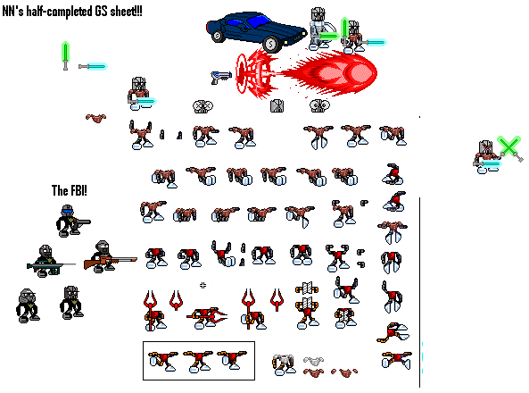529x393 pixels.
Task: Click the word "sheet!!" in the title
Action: pyautogui.click(x=126, y=11)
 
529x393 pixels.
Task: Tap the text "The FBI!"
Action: pyautogui.click(x=70, y=190)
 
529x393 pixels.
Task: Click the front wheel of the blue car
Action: pyautogui.click(x=270, y=43)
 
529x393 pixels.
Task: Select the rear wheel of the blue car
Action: pyautogui.click(x=218, y=35)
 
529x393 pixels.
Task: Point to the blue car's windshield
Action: pyautogui.click(x=260, y=21)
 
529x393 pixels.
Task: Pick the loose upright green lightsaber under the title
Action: pyautogui.click(x=65, y=55)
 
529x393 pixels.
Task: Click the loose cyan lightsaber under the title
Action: pyautogui.click(x=93, y=66)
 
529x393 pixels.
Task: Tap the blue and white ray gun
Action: pyautogui.click(x=220, y=77)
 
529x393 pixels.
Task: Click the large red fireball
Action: pyautogui.click(x=333, y=72)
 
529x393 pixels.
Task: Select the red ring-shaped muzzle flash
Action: pyautogui.click(x=255, y=73)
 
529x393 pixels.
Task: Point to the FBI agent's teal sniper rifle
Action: pyautogui.click(x=51, y=267)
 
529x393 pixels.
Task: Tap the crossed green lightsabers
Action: pyautogui.click(x=510, y=148)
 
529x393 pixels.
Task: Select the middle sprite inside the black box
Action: pyautogui.click(x=198, y=361)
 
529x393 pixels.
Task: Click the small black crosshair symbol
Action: pyautogui.click(x=203, y=286)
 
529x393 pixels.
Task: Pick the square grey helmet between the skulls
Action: pyautogui.click(x=277, y=105)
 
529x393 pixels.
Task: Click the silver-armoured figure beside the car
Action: pyautogui.click(x=319, y=29)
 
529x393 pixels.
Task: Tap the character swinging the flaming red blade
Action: pyautogui.click(x=206, y=318)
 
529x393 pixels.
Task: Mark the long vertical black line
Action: pyautogui.click(x=419, y=293)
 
